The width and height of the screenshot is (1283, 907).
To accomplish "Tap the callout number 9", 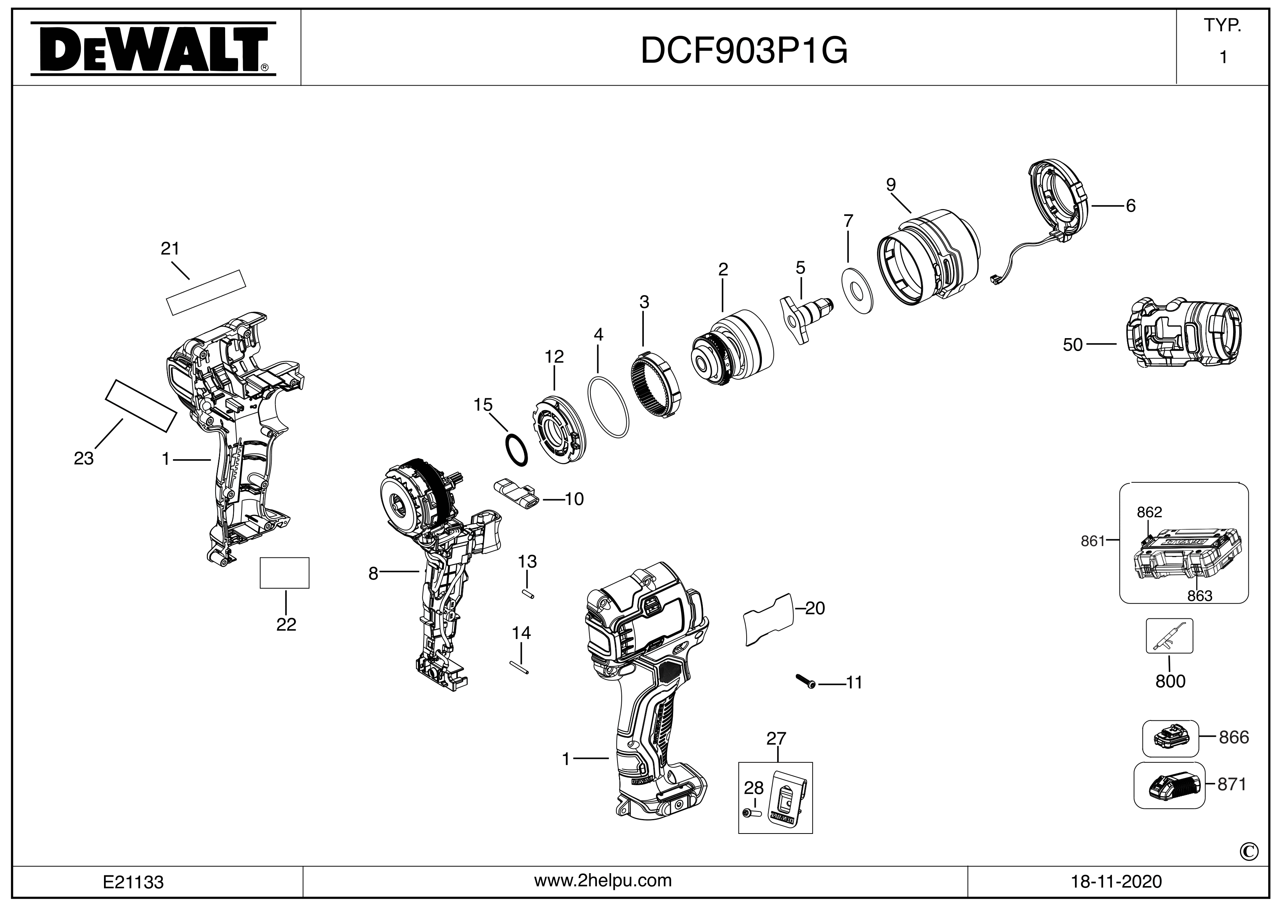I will click(891, 185).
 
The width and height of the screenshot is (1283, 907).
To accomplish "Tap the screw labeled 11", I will click(805, 681).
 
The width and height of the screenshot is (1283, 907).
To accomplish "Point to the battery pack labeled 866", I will click(1171, 739).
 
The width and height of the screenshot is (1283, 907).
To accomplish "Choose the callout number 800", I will click(1170, 681).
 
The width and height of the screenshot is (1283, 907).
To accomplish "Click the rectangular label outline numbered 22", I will click(285, 572).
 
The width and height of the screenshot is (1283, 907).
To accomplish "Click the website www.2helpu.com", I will click(603, 881).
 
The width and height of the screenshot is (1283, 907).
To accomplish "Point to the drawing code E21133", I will click(133, 882).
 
